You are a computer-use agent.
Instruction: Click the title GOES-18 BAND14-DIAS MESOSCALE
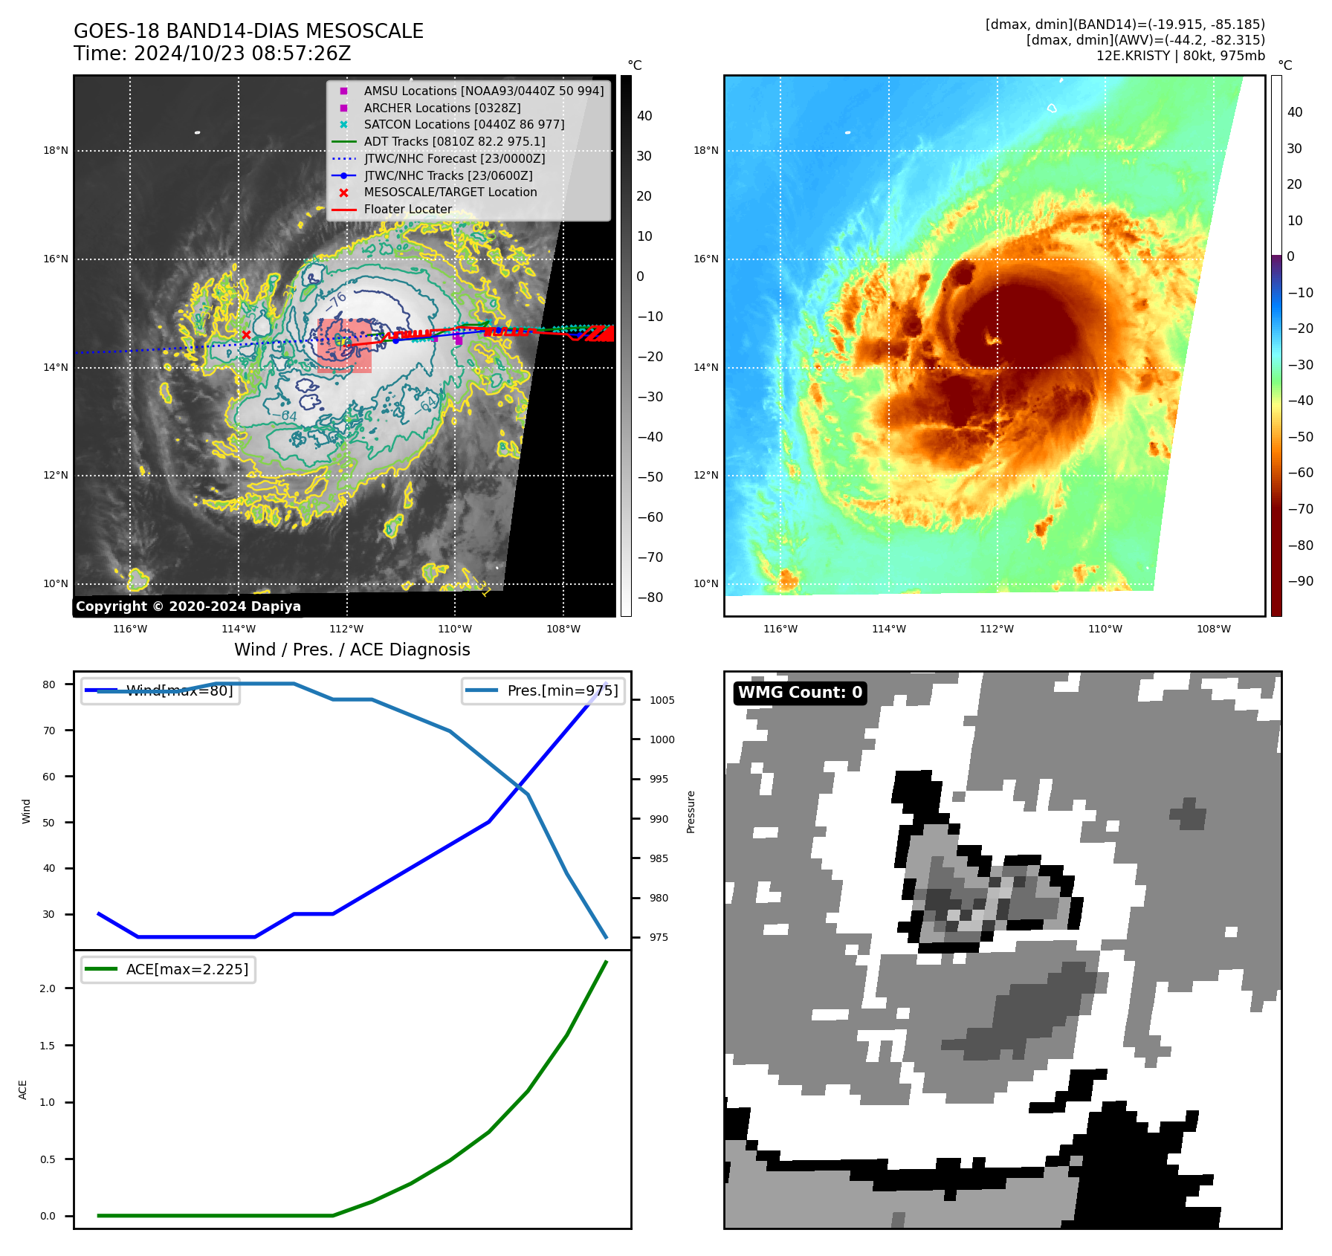[x=248, y=31]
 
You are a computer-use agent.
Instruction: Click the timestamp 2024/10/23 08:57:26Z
[x=242, y=54]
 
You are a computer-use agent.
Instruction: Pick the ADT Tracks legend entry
[x=454, y=141]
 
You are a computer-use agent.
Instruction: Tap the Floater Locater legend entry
[x=407, y=210]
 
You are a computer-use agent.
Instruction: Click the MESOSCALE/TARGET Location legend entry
[x=450, y=192]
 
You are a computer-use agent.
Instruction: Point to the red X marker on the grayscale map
[x=246, y=335]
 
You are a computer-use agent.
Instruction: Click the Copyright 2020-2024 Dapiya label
[x=188, y=606]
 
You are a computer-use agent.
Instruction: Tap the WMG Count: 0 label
[x=800, y=693]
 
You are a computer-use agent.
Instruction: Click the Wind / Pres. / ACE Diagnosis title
[x=352, y=650]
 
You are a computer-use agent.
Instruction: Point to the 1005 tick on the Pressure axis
[x=662, y=700]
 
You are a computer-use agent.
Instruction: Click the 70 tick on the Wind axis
[x=49, y=731]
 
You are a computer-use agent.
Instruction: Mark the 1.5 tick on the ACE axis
[x=48, y=1046]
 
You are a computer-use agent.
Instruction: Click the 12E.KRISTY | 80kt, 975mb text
[x=1180, y=56]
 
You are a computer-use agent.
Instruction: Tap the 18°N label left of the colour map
[x=706, y=151]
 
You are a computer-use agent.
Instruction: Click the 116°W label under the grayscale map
[x=130, y=629]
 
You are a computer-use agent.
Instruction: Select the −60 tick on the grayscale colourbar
[x=650, y=517]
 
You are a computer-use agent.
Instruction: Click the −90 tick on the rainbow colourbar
[x=1300, y=581]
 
